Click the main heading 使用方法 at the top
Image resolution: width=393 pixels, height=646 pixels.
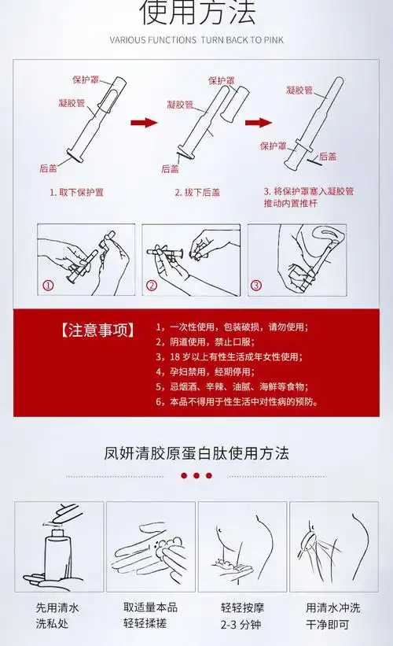point(196,12)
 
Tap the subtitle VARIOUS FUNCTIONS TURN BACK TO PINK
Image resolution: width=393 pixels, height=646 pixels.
point(196,39)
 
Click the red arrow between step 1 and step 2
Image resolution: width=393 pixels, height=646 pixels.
point(144,123)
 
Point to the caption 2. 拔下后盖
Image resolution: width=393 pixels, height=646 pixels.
point(198,192)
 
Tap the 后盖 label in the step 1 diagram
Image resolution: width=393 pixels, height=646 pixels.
point(48,168)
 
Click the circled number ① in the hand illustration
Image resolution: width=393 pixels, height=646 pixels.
point(48,286)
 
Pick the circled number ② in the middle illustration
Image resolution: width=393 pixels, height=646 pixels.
point(152,286)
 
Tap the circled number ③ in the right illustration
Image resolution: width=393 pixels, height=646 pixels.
point(256,286)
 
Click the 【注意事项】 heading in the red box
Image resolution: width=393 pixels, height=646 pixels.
point(97,330)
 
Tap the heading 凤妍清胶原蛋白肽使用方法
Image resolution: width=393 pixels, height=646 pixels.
point(196,453)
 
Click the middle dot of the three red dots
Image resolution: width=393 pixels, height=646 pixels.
point(196,476)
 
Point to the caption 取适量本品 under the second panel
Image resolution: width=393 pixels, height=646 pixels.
point(150,607)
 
